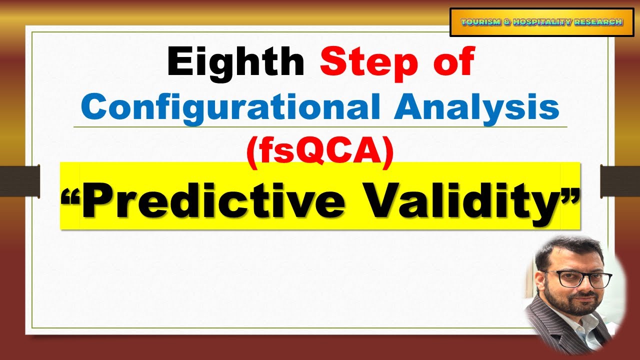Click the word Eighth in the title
[235, 62]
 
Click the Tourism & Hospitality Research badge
[541, 22]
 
